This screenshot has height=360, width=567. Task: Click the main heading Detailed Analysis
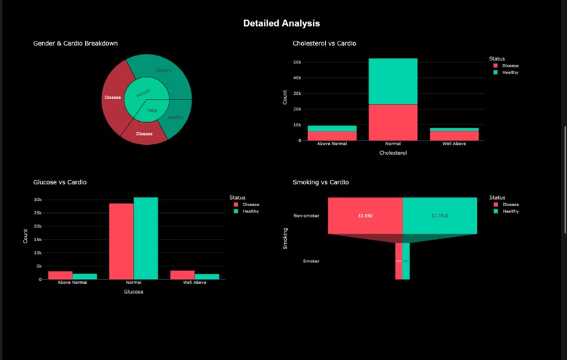(x=281, y=23)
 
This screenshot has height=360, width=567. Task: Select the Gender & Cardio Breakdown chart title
(x=75, y=44)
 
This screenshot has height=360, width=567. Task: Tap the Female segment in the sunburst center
(x=143, y=93)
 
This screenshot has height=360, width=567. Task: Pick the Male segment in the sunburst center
(x=151, y=110)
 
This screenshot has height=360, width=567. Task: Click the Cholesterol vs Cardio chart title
(x=324, y=44)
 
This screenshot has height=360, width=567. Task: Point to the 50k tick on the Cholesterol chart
(x=298, y=62)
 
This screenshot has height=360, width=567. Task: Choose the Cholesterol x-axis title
(x=393, y=153)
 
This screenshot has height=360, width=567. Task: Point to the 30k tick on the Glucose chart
(x=38, y=200)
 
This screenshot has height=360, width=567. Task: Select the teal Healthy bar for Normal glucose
(x=146, y=238)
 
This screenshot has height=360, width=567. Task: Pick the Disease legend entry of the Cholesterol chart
(x=509, y=65)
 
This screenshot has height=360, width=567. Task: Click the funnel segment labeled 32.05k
(x=364, y=215)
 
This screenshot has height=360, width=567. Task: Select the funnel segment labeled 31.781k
(x=440, y=215)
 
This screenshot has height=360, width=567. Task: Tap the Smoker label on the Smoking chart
(x=311, y=261)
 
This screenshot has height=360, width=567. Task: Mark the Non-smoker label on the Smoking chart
(x=306, y=216)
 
